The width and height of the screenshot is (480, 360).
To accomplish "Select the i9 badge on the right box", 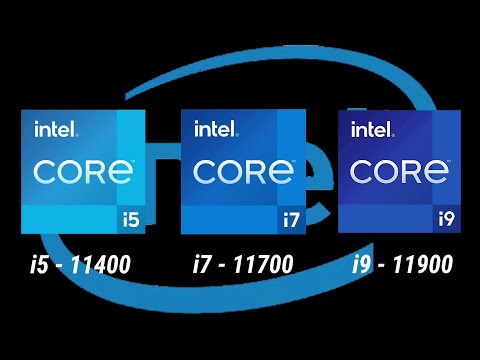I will [x=447, y=215].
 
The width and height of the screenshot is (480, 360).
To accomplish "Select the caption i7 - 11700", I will [x=243, y=266].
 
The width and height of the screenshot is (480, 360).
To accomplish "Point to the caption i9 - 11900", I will [x=402, y=266].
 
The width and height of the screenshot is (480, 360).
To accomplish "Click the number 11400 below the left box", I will [x=103, y=266].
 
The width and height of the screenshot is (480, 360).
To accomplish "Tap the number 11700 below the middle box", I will [x=264, y=266].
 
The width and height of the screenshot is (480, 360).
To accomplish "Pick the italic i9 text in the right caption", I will [x=362, y=266].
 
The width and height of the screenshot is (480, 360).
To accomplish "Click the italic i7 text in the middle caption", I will [x=202, y=266].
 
